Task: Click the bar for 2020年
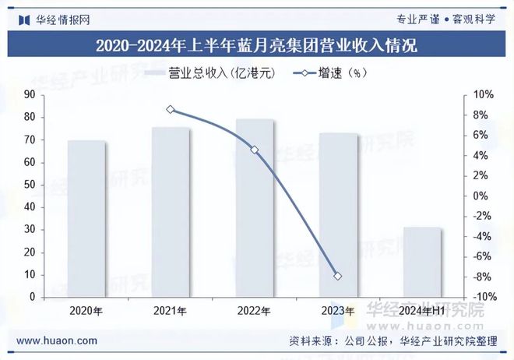86,218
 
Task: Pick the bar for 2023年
339,214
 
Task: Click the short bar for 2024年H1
423,262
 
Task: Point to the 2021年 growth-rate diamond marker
171,110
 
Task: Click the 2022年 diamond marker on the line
255,150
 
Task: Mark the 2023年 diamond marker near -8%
338,277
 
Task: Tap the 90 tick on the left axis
30,94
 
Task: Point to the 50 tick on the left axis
30,185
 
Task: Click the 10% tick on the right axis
483,94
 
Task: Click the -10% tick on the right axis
483,297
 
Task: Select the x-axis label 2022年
255,311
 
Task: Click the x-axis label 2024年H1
423,311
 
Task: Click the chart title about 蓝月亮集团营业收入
256,45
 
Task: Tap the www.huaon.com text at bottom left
57,341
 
